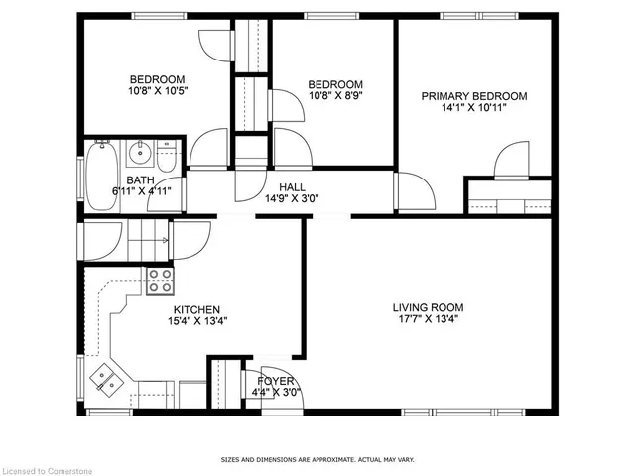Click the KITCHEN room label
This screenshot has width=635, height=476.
click(x=196, y=310)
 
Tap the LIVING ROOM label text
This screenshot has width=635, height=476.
click(x=427, y=307)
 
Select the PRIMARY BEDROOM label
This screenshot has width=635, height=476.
click(x=473, y=96)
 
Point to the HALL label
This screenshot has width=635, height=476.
click(x=292, y=186)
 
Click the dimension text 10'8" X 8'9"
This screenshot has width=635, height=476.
click(x=334, y=96)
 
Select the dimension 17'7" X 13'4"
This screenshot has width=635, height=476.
click(x=427, y=320)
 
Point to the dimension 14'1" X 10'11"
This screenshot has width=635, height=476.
click(x=473, y=108)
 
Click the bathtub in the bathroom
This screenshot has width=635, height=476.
click(x=101, y=175)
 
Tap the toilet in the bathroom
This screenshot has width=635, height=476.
click(x=168, y=156)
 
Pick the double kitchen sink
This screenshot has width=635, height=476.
click(x=104, y=378)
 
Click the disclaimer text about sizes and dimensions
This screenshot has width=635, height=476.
click(x=317, y=460)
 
